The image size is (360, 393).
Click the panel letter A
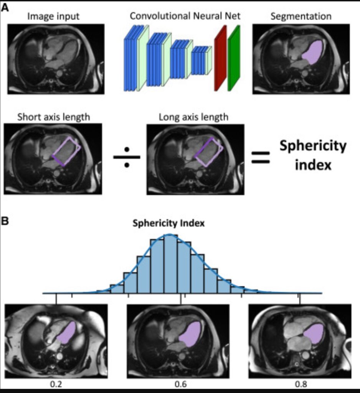click(5, 8)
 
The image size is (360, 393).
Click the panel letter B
click(5, 221)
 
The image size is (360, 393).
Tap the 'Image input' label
click(53, 16)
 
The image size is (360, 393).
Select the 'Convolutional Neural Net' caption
click(185, 16)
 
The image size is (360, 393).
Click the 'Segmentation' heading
click(301, 16)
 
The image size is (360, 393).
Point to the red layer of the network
click(220, 58)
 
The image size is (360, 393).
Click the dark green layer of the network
click(234, 58)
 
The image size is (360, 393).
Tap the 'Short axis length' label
click(53, 117)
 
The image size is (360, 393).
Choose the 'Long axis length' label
click(193, 117)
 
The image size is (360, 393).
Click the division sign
click(127, 157)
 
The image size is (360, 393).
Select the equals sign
click(261, 157)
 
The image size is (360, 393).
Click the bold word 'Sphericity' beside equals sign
click(313, 146)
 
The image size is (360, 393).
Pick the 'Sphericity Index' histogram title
click(168, 223)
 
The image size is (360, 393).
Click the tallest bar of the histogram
click(171, 264)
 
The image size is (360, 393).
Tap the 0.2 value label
click(56, 384)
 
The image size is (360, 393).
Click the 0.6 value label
click(180, 384)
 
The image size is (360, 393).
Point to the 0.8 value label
click(301, 384)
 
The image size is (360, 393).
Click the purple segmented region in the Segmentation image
click(313, 53)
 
